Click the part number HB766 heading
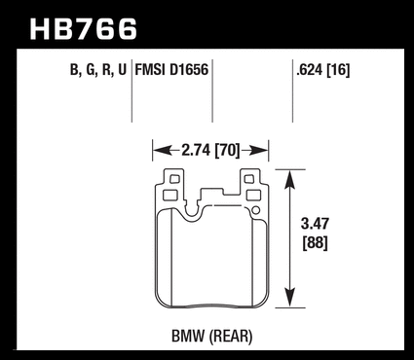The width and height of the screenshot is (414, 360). tap(84, 29)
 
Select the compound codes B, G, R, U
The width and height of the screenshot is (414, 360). tap(97, 70)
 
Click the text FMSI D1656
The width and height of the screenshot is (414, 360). tap(171, 70)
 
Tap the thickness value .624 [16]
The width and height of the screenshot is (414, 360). tap(322, 70)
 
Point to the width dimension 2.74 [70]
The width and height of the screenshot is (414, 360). tap(210, 151)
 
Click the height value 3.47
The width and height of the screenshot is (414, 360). tap(315, 224)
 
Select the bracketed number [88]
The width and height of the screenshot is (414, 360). tap(315, 242)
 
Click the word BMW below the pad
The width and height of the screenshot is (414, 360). tap(188, 337)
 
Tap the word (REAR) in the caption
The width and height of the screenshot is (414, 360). tap(231, 337)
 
